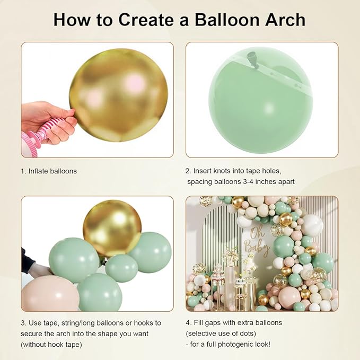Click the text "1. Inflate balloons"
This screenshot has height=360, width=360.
[x=49, y=171]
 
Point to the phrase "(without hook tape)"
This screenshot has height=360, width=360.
[x=56, y=345]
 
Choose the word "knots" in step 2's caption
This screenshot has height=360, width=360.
[x=227, y=171]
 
